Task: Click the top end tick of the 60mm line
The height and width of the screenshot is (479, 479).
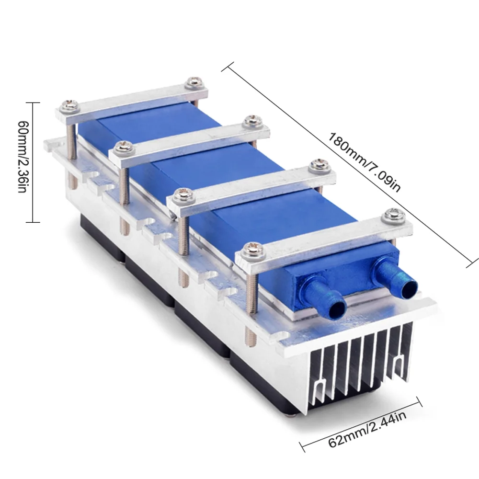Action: pyautogui.click(x=32, y=103)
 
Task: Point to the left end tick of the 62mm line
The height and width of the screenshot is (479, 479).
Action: pyautogui.click(x=302, y=451)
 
